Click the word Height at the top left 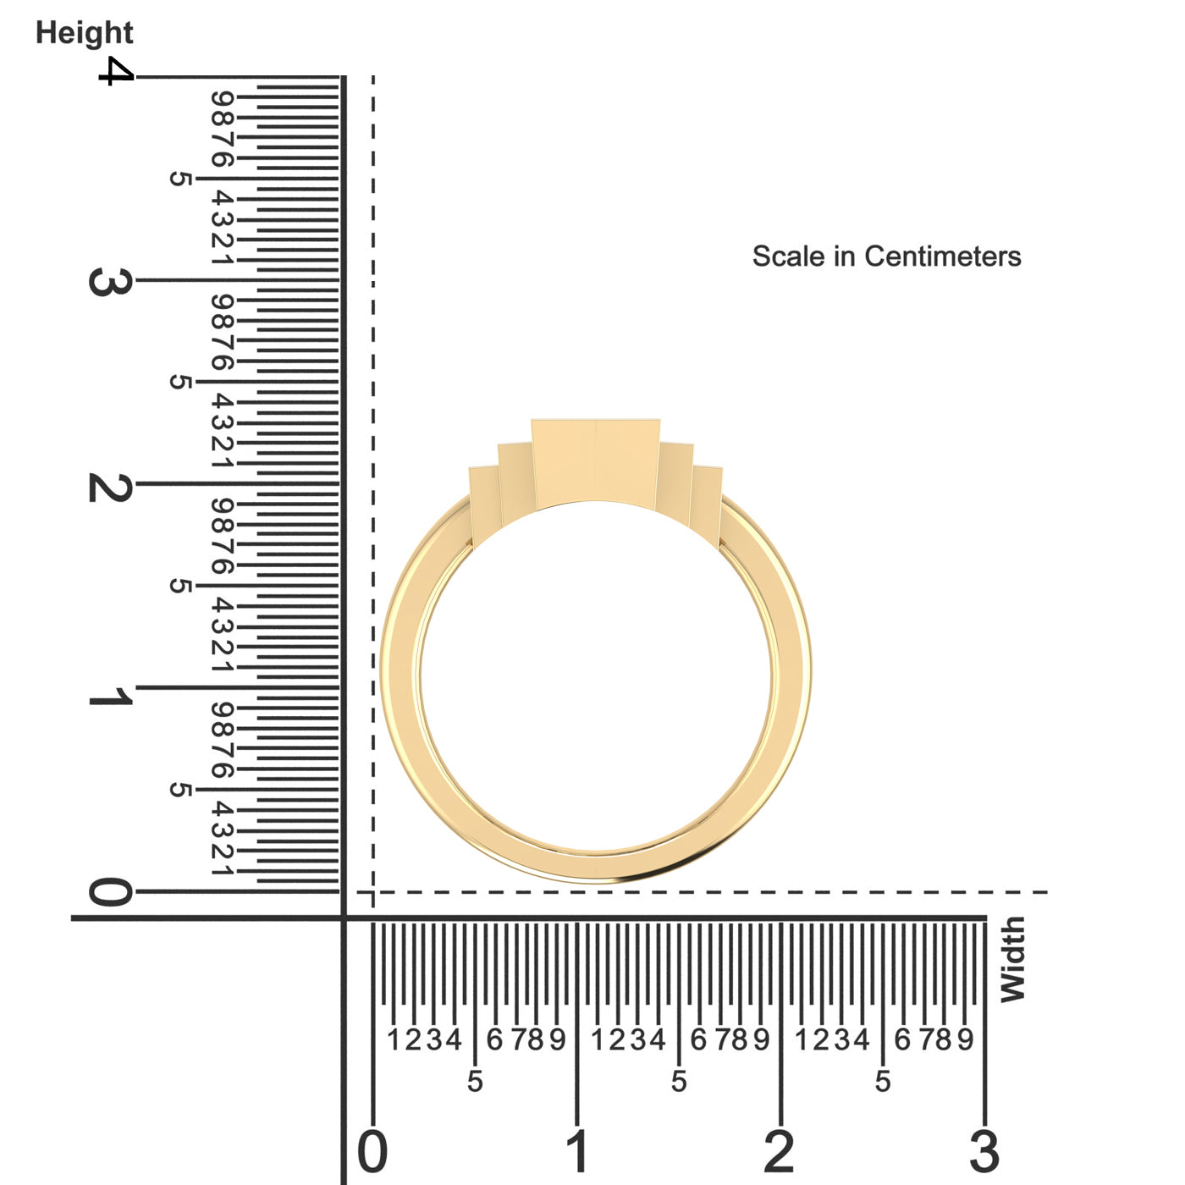coord(85,33)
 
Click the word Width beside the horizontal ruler coord(1013,960)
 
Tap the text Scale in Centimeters coord(886,256)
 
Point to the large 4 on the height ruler coord(116,71)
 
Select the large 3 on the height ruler coord(110,282)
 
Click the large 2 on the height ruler coord(110,488)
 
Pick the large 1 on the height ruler coord(110,696)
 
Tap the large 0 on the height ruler coord(110,891)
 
